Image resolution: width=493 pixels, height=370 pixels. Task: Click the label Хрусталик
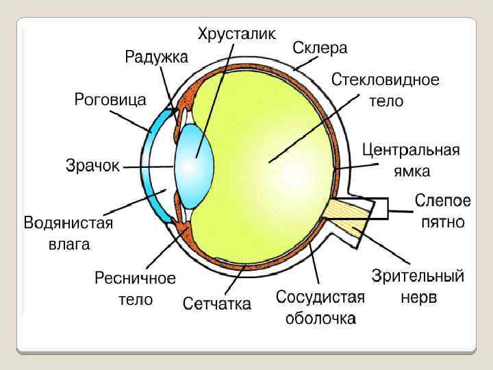point(237,33)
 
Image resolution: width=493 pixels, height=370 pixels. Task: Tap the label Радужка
point(155,57)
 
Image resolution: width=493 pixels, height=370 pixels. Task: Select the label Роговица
point(110,99)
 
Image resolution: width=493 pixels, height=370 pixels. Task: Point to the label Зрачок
point(92,165)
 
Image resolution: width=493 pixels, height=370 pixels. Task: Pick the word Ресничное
point(135,279)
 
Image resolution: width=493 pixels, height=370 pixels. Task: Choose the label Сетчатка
point(216,303)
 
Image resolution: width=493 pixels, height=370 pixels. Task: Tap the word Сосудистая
point(320,297)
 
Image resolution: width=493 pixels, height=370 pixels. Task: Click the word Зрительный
point(418,277)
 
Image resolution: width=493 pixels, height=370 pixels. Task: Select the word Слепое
point(443,201)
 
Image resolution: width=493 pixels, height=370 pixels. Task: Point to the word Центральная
point(411,150)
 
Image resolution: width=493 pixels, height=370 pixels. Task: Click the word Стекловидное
point(385,80)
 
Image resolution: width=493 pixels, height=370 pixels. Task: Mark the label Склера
point(320,48)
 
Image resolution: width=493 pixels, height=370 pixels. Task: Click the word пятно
point(443,222)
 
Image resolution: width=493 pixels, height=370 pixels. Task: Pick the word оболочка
point(320,318)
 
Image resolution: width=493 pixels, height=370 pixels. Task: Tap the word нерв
point(418,298)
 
